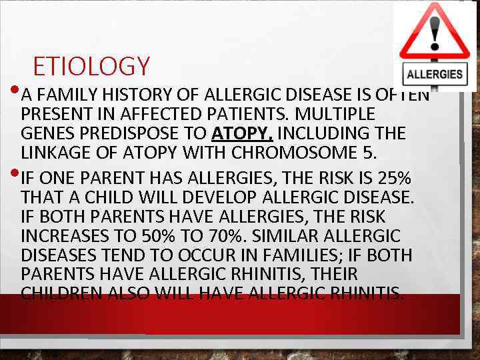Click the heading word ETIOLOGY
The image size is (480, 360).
pyautogui.click(x=91, y=67)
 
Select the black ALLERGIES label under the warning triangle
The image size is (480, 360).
pyautogui.click(x=435, y=74)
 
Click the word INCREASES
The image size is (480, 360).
pyautogui.click(x=68, y=237)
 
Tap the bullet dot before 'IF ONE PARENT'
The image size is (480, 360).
pyautogui.click(x=15, y=175)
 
